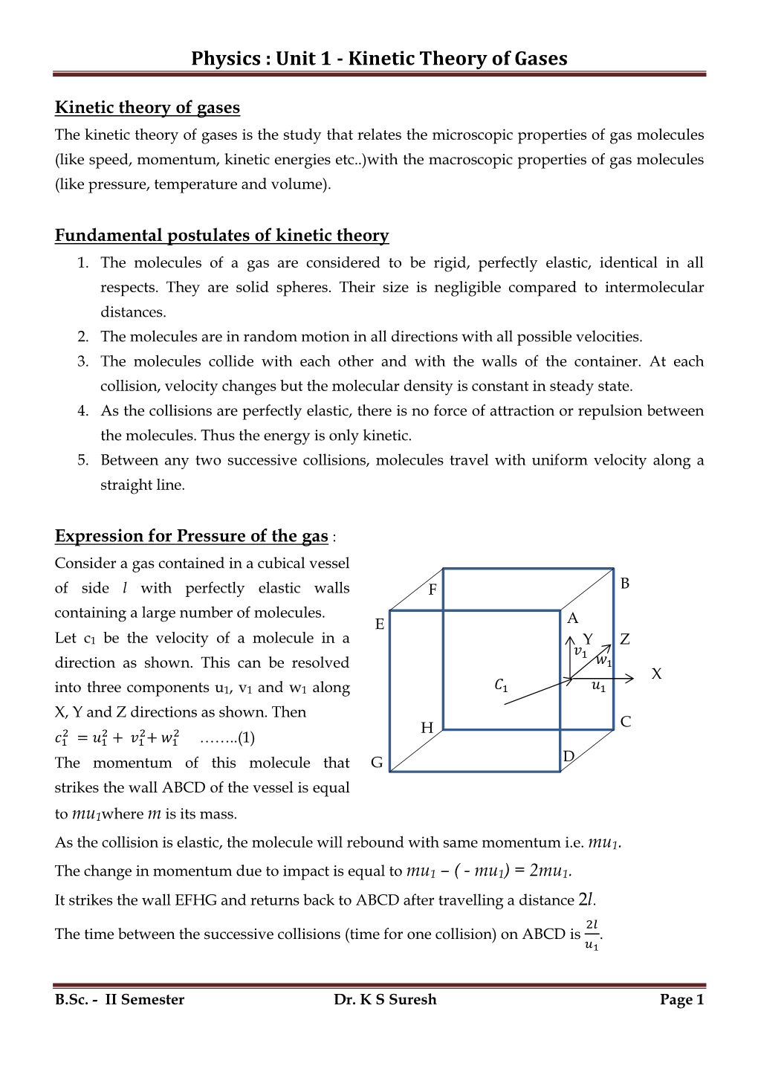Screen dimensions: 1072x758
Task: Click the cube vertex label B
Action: [625, 584]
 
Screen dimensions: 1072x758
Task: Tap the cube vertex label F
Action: [433, 590]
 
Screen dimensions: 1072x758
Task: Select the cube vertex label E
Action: [380, 624]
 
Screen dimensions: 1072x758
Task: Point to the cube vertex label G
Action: [377, 763]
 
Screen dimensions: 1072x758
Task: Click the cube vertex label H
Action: [427, 728]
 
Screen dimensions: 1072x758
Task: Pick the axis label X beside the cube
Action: [656, 674]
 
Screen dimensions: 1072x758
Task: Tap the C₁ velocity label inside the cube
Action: [501, 685]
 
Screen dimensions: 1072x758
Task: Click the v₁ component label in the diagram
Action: [580, 652]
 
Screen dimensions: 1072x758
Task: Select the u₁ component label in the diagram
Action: [598, 687]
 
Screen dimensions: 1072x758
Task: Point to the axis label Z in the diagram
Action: [624, 639]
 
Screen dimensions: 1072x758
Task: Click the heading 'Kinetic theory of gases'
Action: [147, 108]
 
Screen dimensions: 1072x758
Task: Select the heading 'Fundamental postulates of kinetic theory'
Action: [221, 236]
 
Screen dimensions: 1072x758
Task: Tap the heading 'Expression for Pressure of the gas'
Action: [191, 536]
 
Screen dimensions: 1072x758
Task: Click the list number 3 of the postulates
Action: [83, 361]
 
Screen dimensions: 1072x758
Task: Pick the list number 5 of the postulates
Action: [83, 460]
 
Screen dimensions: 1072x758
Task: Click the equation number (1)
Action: [246, 738]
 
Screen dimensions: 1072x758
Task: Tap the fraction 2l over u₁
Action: [592, 934]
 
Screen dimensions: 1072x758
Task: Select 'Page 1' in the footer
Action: [681, 1000]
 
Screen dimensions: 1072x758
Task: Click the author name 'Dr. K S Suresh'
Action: [385, 1000]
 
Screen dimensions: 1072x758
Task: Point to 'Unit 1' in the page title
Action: [303, 59]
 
